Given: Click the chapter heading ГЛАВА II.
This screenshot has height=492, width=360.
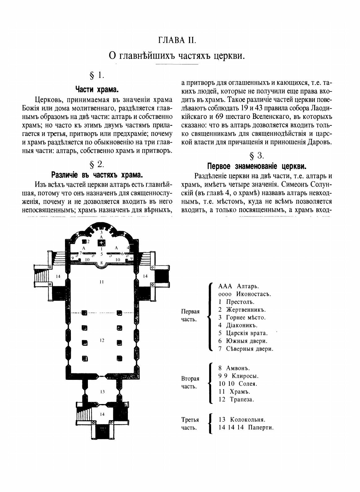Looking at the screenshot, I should [x=180, y=40].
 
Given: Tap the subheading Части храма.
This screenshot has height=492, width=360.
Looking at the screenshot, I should [x=97, y=90].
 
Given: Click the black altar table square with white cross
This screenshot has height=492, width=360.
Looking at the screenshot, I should [x=101, y=243].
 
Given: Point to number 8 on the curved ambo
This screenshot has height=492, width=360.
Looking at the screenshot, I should [x=102, y=263].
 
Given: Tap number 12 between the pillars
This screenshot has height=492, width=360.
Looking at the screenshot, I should [x=102, y=340].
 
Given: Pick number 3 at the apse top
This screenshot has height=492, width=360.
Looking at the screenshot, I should [x=101, y=232].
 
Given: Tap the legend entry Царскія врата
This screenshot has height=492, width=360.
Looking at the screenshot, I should [x=246, y=333].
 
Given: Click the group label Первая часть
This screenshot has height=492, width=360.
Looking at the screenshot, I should [x=190, y=315].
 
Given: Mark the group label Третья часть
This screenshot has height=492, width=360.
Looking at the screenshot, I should [x=190, y=424].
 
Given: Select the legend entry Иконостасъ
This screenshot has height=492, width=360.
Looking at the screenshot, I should [x=247, y=294].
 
